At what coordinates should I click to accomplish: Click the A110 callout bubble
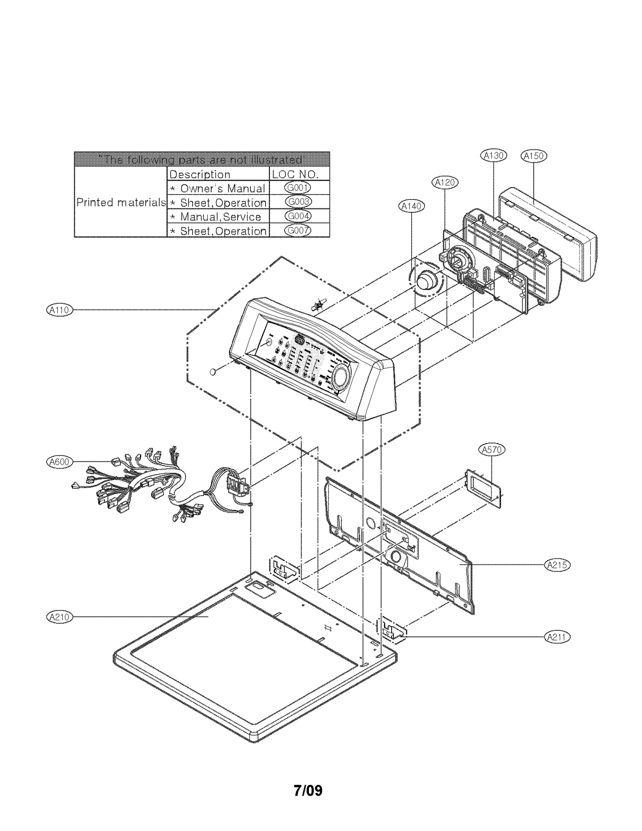59,310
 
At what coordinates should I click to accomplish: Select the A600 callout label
59,462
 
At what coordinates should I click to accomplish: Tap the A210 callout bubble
59,617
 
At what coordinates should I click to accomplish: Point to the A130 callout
494,156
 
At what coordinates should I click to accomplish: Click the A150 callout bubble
534,156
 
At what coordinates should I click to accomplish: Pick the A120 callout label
445,183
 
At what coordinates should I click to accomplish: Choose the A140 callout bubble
412,206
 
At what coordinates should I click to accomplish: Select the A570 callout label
492,450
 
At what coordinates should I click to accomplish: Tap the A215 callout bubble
557,565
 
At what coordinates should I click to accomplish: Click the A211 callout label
557,637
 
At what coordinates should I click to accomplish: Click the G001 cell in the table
298,188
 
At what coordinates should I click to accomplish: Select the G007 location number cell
298,230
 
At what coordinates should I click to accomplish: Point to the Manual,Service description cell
218,217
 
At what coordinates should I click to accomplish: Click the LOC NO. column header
296,174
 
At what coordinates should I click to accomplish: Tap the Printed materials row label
121,202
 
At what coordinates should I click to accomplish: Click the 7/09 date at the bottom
308,790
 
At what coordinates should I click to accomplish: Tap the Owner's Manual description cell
218,188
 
